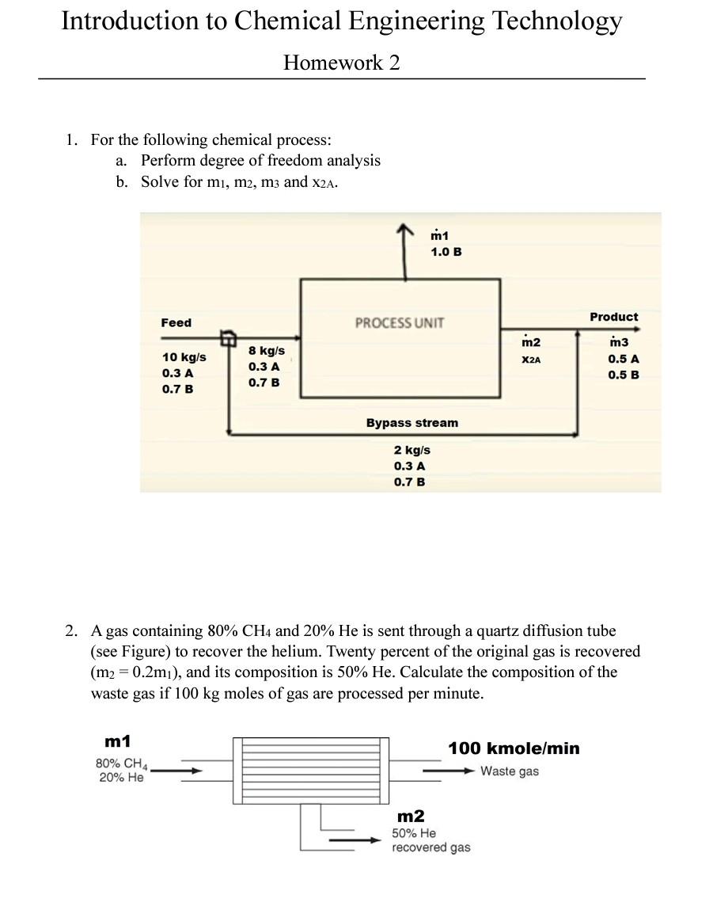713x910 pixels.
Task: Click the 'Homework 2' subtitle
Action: pyautogui.click(x=341, y=63)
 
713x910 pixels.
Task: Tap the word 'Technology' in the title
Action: pyautogui.click(x=557, y=21)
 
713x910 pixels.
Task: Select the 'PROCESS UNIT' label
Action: pyautogui.click(x=400, y=322)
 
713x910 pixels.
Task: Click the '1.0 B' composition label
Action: pyautogui.click(x=446, y=251)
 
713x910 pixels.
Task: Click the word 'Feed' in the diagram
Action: pyautogui.click(x=176, y=322)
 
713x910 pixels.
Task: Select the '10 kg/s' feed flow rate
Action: pyautogui.click(x=184, y=356)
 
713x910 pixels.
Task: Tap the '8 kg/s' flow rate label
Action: pyautogui.click(x=266, y=350)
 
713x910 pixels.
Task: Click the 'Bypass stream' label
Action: pyautogui.click(x=411, y=423)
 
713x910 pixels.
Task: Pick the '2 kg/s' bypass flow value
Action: pyautogui.click(x=411, y=449)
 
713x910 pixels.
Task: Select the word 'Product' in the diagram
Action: pyautogui.click(x=613, y=317)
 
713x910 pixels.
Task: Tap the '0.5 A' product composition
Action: pyautogui.click(x=624, y=358)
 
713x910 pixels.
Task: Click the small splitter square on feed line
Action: pyautogui.click(x=228, y=339)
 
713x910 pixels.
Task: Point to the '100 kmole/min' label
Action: pyautogui.click(x=514, y=748)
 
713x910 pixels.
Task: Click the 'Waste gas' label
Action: pyautogui.click(x=509, y=771)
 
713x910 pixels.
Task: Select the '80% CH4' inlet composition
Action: pyautogui.click(x=122, y=764)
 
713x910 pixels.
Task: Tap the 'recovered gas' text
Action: pyautogui.click(x=430, y=847)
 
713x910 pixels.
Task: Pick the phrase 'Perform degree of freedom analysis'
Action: pyautogui.click(x=260, y=161)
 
